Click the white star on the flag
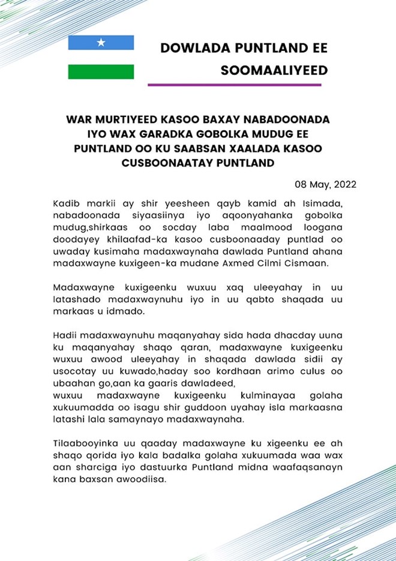101,43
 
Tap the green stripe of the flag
101,71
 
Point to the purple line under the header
234,85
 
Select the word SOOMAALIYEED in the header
275,71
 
